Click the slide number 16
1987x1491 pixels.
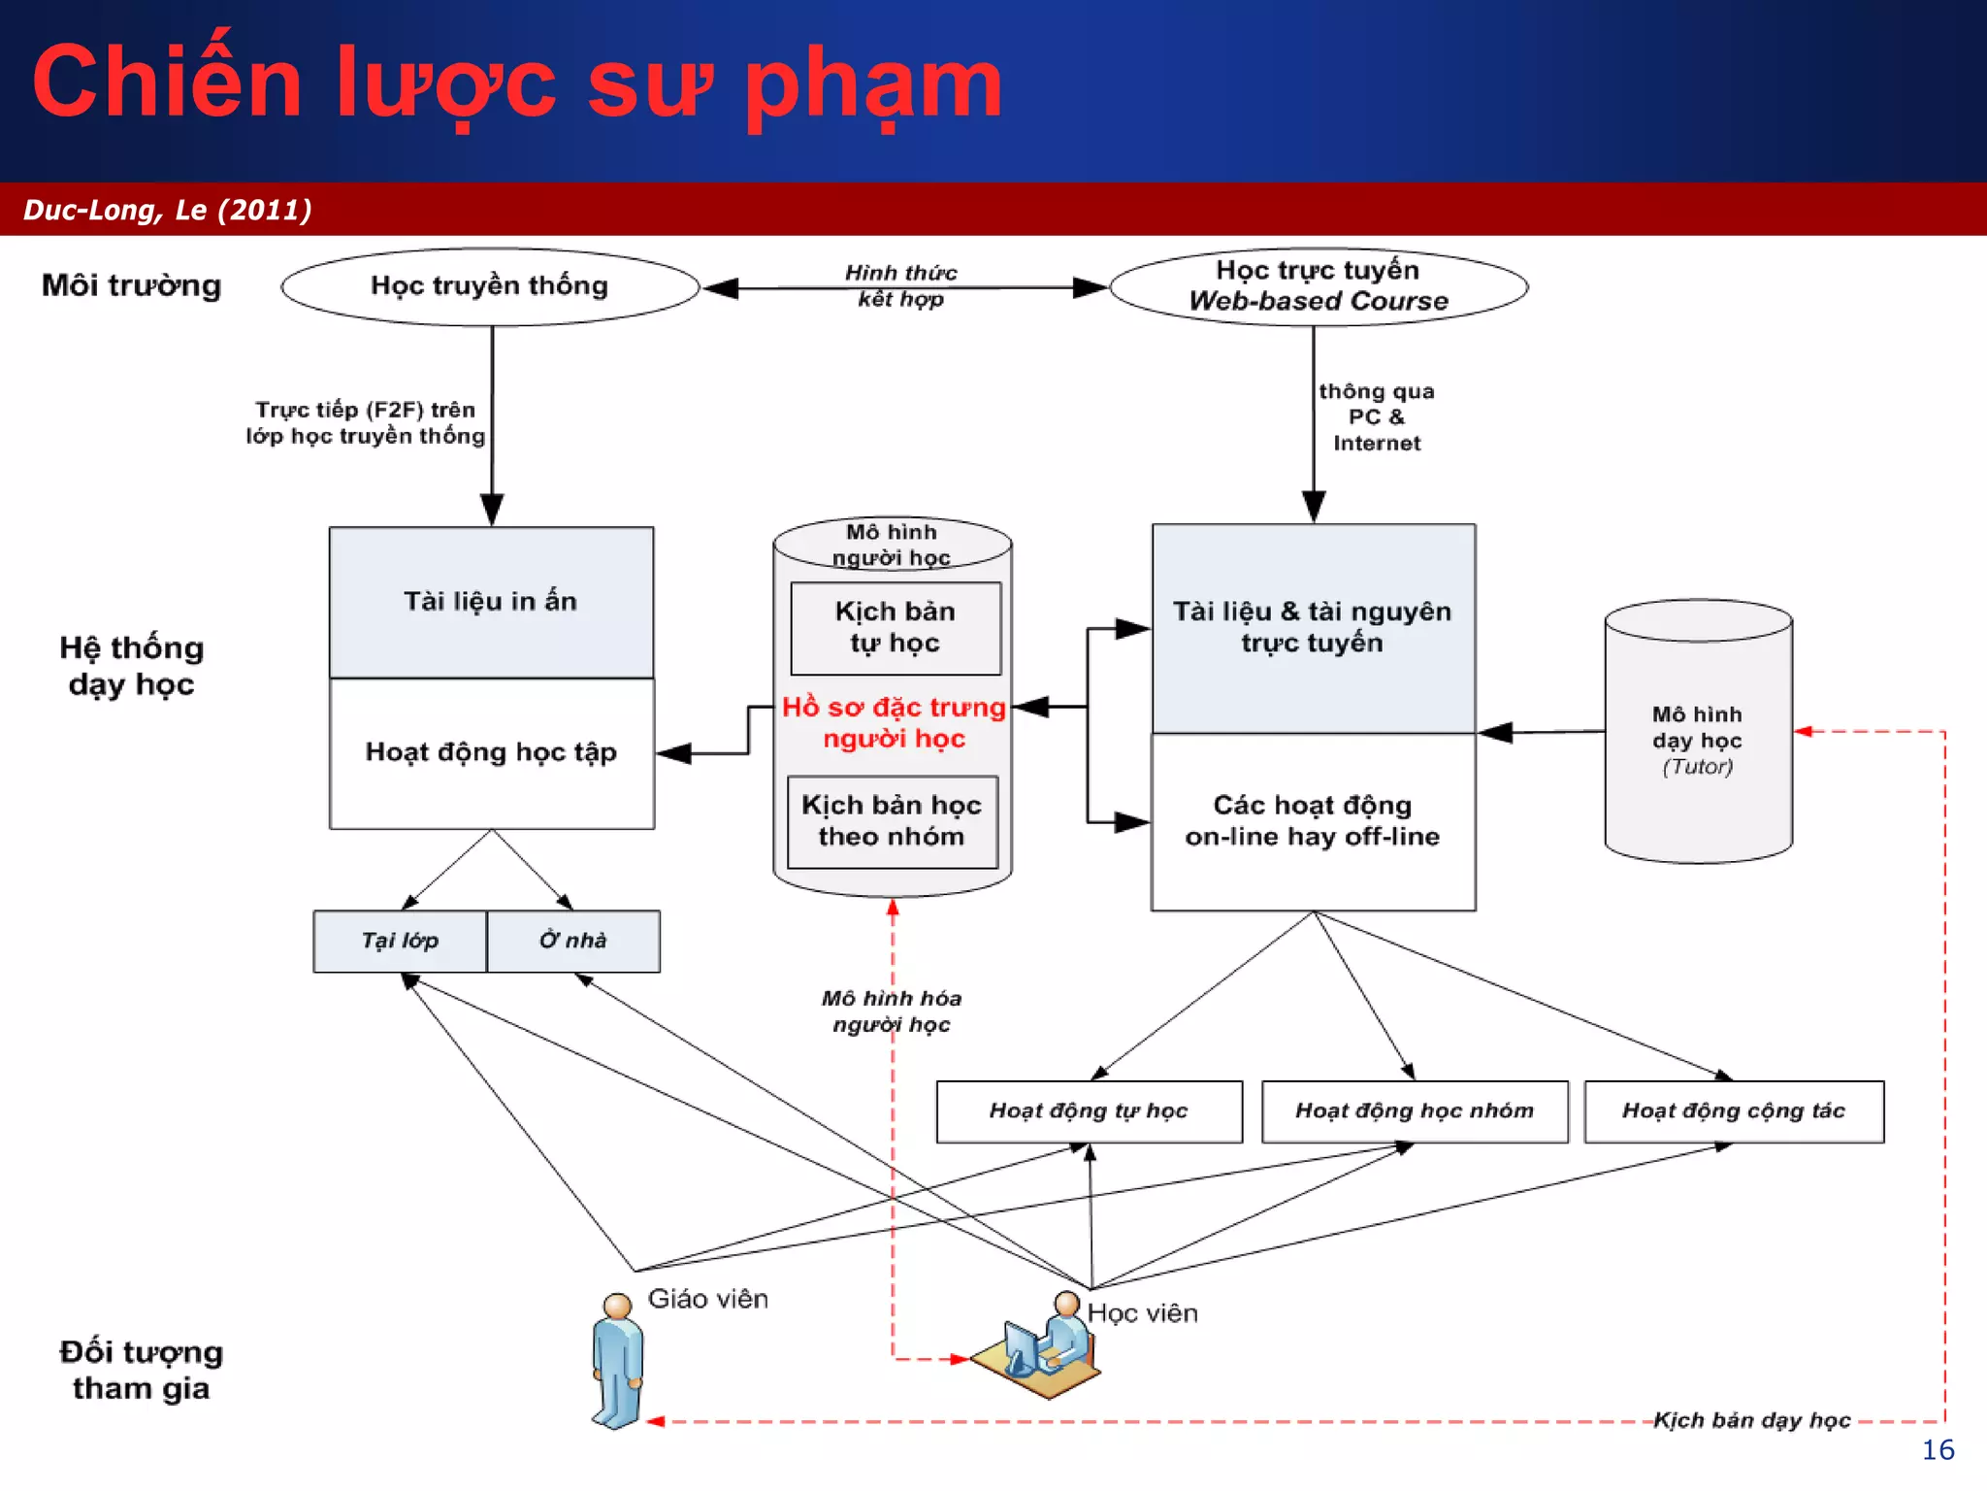coord(1938,1449)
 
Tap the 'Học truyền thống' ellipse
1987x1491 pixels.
coord(490,286)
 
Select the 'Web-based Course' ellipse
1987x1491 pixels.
coord(1319,287)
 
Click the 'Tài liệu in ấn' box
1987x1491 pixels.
coord(491,602)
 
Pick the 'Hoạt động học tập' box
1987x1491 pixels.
coord(491,752)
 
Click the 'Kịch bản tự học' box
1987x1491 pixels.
coord(895,628)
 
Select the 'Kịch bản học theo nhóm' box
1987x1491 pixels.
coord(892,821)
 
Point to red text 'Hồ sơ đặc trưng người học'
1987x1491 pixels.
coord(894,722)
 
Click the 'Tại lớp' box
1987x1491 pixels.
coord(400,941)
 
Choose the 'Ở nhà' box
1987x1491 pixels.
coord(572,941)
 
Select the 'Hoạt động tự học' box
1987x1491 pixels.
coord(1089,1111)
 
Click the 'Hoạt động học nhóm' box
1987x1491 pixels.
coord(1415,1111)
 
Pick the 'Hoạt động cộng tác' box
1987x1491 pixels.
coord(1734,1111)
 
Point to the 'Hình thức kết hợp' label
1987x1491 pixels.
coord(900,285)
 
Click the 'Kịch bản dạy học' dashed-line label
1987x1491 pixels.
coord(1751,1420)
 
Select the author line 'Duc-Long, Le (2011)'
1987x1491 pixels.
coord(168,210)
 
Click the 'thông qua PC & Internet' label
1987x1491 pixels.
coord(1376,417)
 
